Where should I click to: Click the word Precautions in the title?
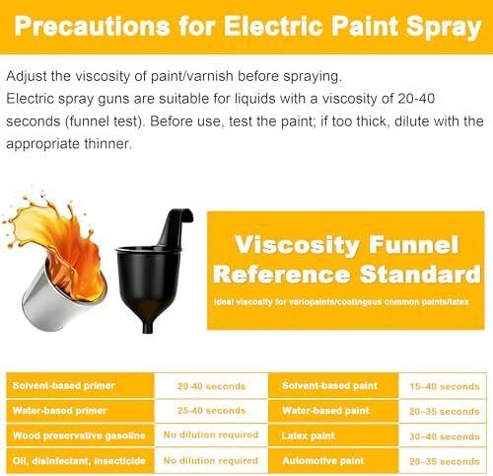(92, 26)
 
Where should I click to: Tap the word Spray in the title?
(444, 28)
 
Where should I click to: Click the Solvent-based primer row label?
(63, 385)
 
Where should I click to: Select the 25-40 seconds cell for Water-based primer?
(211, 411)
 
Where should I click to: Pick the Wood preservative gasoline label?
(79, 436)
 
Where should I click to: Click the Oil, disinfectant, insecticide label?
(79, 460)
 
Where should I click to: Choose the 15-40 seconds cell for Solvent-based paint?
(445, 386)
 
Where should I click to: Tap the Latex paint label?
(308, 436)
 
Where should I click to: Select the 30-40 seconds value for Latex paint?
(445, 436)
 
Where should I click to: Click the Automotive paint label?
(323, 460)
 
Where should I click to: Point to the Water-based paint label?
(325, 411)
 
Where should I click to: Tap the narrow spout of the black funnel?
(148, 327)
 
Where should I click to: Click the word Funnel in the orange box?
(413, 245)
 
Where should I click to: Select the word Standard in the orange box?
(420, 275)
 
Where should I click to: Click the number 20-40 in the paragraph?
(416, 99)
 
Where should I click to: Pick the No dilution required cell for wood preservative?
(211, 435)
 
